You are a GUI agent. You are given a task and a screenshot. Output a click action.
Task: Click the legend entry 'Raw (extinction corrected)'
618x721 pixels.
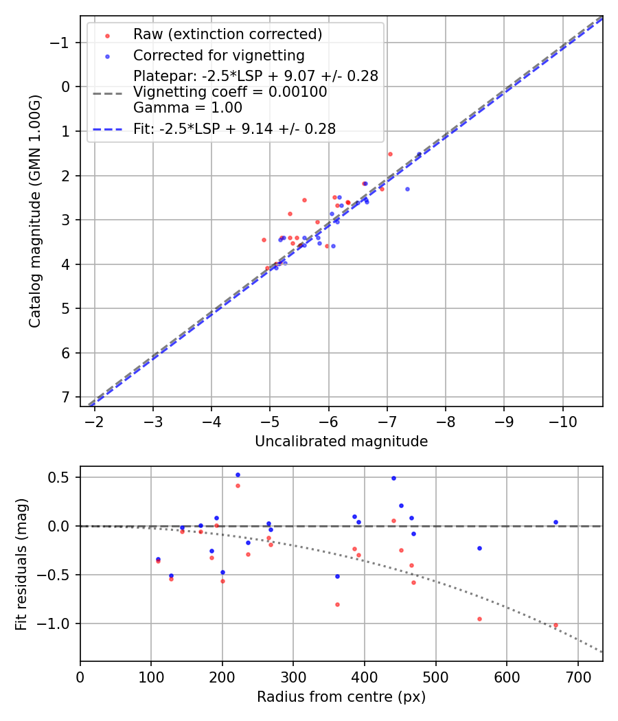(x=227, y=34)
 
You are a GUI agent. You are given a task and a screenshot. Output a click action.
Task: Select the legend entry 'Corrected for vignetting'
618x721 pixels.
(x=218, y=55)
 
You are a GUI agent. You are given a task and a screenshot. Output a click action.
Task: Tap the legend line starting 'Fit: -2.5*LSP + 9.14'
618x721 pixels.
(x=234, y=129)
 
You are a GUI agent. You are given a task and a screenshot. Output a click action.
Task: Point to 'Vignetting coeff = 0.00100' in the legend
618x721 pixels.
(x=230, y=92)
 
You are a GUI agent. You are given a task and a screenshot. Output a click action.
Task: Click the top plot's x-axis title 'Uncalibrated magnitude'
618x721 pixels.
(x=341, y=442)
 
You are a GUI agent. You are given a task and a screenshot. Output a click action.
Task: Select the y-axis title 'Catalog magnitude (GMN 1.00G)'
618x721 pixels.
(x=35, y=211)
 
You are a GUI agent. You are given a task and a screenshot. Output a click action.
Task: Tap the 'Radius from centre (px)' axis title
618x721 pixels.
(x=341, y=697)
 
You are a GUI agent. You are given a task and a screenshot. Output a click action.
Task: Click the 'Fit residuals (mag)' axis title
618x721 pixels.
(x=21, y=564)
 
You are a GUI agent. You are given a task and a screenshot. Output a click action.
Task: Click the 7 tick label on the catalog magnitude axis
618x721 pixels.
(x=66, y=398)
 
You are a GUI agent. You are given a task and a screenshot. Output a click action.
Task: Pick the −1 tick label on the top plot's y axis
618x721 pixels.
(x=61, y=43)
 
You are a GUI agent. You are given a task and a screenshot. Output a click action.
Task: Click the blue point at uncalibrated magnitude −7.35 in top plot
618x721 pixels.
(x=407, y=189)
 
